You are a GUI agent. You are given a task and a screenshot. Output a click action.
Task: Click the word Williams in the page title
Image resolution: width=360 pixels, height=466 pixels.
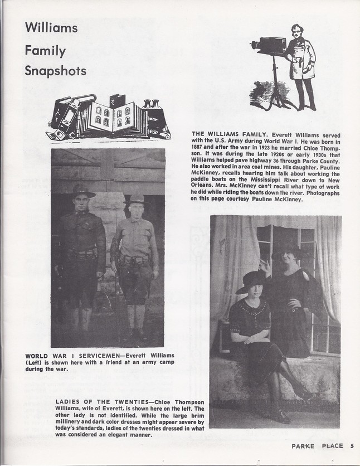51,27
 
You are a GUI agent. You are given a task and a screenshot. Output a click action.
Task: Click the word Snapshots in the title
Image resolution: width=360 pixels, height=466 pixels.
55,71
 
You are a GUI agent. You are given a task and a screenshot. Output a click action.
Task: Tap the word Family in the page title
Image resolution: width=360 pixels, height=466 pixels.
45,51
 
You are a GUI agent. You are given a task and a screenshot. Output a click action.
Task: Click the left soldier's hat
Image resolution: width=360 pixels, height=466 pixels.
83,191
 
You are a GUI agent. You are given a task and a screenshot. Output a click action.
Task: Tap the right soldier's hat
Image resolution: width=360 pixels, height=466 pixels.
137,199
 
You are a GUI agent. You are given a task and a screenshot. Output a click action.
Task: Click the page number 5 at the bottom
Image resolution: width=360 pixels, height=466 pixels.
352,445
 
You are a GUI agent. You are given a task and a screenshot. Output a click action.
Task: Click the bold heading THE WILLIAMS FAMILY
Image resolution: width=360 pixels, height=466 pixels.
228,135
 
